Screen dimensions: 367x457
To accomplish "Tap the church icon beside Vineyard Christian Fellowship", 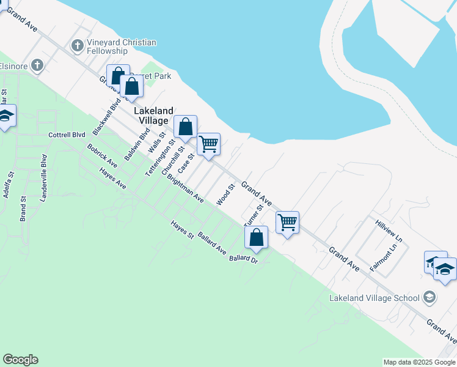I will coord(77,45).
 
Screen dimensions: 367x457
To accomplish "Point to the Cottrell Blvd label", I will coord(67,135).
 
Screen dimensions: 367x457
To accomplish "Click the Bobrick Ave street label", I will coord(102,157).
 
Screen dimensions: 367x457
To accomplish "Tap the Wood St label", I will coord(225,195).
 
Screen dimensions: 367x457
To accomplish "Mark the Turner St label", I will coord(253,216).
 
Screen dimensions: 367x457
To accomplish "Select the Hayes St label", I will coord(182,229).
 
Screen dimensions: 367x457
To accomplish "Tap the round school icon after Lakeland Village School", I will coord(430,297).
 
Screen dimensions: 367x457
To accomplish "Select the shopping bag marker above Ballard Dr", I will coord(258,237).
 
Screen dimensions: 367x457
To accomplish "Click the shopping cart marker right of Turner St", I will coord(287,222).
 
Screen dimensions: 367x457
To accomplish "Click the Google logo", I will coord(20,360).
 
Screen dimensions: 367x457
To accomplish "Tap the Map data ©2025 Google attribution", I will coord(419,362).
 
